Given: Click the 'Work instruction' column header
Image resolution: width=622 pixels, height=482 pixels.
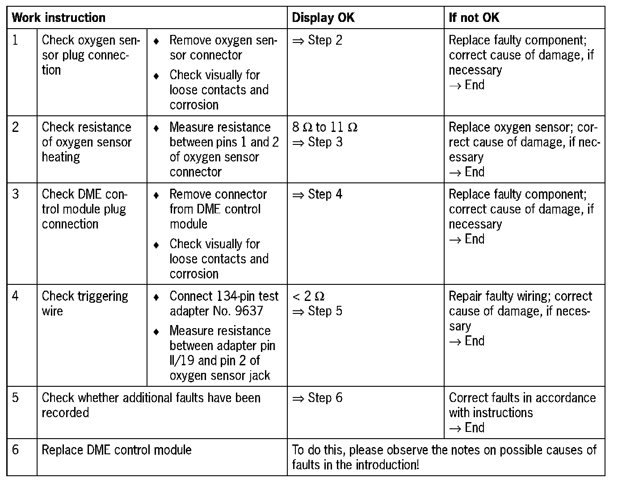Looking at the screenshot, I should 59,18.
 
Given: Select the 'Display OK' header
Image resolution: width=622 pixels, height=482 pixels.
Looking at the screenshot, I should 323,18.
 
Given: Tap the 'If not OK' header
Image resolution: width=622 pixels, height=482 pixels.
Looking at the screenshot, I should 474,18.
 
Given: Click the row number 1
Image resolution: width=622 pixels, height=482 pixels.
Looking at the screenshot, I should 16,40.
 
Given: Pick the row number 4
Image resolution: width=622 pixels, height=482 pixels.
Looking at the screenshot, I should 16,296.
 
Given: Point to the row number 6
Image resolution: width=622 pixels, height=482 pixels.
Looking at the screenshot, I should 16,449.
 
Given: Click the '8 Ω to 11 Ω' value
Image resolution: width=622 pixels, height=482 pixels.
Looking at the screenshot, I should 325,127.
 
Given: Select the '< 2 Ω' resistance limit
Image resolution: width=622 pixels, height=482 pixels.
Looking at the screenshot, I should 308,296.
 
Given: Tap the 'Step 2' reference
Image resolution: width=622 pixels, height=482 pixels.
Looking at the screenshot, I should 325,40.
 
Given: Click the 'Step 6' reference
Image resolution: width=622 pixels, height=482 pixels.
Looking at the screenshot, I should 325,398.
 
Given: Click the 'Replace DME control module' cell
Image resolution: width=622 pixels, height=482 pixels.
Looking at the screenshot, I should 117,449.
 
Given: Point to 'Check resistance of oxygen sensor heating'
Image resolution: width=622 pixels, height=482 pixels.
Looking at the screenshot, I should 87,142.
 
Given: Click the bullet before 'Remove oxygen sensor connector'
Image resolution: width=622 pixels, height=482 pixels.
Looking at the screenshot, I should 156,41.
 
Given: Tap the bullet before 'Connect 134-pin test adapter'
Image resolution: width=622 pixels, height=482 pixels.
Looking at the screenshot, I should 156,297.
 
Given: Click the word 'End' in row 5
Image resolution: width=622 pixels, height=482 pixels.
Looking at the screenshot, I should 475,428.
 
